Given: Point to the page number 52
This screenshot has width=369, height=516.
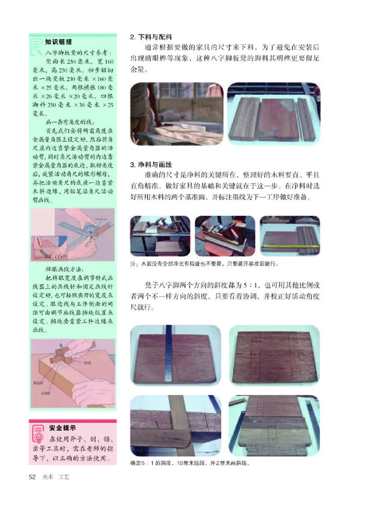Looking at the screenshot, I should [33, 477].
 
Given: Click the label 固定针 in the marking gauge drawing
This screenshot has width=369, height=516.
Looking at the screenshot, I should [38, 383].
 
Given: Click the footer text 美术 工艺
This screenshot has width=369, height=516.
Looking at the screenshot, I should [58, 477].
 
